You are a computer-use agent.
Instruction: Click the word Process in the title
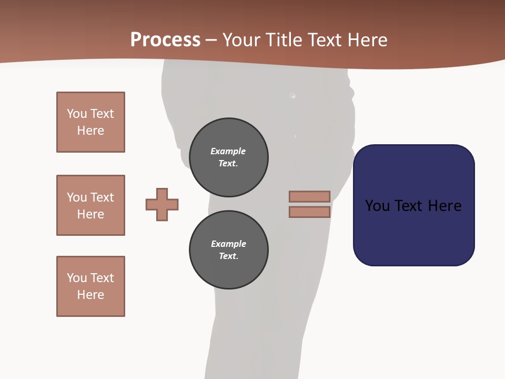(x=165, y=40)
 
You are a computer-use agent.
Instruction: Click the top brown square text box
(x=90, y=122)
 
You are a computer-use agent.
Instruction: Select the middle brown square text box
(x=90, y=205)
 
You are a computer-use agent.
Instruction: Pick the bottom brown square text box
(x=90, y=286)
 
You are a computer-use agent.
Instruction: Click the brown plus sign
(x=162, y=204)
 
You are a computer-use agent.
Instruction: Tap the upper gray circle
(x=228, y=157)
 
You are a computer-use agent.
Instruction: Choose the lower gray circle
(x=228, y=250)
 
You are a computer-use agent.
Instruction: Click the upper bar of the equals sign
(x=309, y=196)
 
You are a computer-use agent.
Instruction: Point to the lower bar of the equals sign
(x=309, y=212)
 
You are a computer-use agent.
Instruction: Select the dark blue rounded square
(x=413, y=205)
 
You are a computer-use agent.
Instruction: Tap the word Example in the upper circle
(x=228, y=151)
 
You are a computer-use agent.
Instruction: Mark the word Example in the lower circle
(x=228, y=244)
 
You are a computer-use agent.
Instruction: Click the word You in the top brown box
(x=77, y=114)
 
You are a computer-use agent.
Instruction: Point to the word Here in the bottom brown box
(x=90, y=295)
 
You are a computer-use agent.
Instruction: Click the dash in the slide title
(x=211, y=40)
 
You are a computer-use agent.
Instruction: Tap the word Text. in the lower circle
(x=228, y=256)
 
